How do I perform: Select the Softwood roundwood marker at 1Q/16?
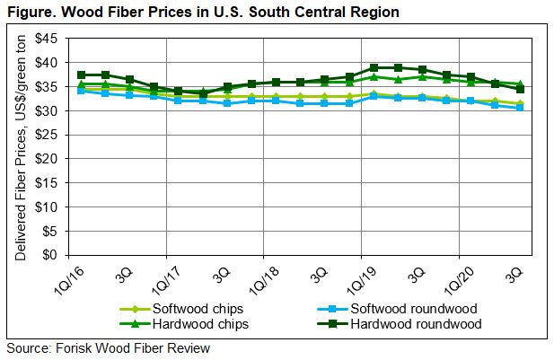click(83, 91)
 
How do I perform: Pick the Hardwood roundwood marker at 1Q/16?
click(83, 75)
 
